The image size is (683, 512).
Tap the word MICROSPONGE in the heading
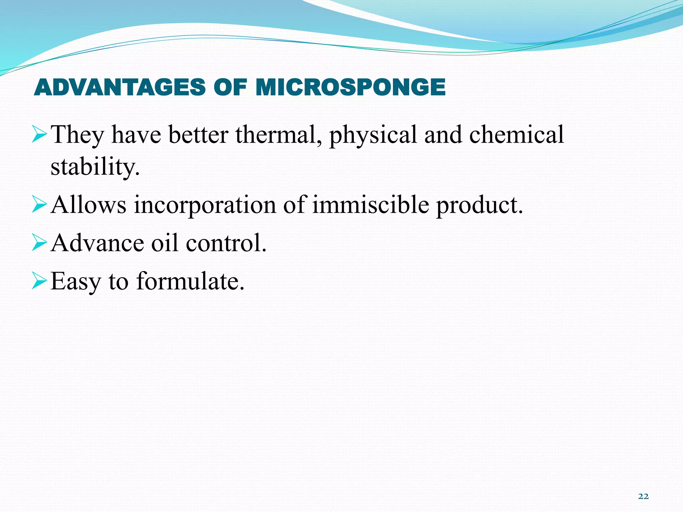point(351,87)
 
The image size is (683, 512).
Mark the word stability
point(95,167)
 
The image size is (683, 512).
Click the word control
point(226,243)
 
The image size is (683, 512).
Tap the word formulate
point(190,281)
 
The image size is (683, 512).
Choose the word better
point(198,135)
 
